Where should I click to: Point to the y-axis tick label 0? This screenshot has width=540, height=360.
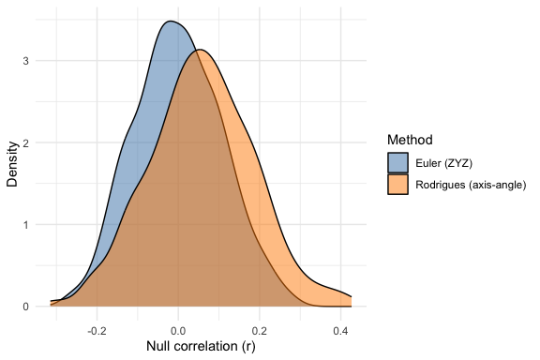[24, 307]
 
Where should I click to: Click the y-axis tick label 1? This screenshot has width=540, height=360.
[24, 225]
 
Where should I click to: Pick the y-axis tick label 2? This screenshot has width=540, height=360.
[24, 143]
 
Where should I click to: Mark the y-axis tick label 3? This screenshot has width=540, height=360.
[24, 62]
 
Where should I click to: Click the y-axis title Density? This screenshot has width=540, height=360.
[12, 164]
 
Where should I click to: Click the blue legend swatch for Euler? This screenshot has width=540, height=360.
[398, 161]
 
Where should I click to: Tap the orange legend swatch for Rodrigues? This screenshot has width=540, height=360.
[398, 185]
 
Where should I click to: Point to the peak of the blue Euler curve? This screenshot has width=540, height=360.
[169, 21]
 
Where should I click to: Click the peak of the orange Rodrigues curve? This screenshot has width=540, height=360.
[200, 51]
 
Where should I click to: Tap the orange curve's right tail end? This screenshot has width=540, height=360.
[351, 296]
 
